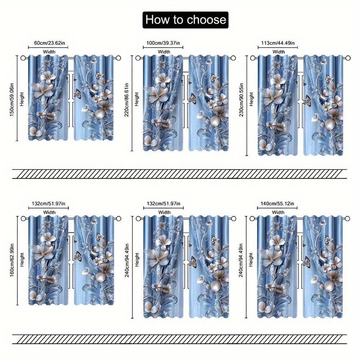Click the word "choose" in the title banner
pos(206,20)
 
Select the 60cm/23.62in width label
pos(48,43)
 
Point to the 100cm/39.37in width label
pos(163,43)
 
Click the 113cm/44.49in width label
pos(278,43)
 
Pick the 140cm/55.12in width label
pos(277,204)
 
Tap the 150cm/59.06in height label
pos(12,100)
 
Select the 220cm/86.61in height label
pos(127,100)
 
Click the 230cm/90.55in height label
pos(241,100)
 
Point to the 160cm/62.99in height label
pos(12,260)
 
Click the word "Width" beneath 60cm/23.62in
pos(49,52)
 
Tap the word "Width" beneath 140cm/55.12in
pos(278,212)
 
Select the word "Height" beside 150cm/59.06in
pos(22,99)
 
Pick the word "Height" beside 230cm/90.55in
pos(251,99)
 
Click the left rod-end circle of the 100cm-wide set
pos(138,58)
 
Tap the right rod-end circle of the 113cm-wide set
pos(348,58)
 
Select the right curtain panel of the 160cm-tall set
pos(94,260)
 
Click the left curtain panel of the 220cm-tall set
pos(163,103)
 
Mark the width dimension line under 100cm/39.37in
pos(163,48)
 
